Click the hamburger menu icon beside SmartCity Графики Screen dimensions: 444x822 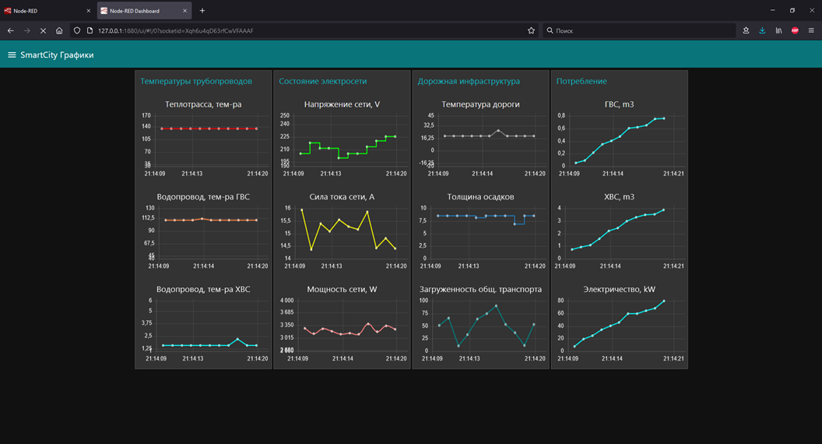[12, 55]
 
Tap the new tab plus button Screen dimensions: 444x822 [202, 11]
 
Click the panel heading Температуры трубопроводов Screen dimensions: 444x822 [196, 81]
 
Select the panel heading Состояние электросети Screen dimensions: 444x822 [322, 81]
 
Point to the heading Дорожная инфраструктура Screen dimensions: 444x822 [469, 81]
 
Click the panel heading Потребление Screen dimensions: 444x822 [581, 81]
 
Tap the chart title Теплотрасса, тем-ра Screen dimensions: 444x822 [203, 104]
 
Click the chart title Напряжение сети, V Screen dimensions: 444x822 [342, 104]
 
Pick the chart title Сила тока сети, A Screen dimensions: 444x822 [342, 197]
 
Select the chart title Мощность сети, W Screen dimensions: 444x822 [342, 289]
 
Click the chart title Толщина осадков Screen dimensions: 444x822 [480, 197]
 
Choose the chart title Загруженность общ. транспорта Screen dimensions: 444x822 [480, 289]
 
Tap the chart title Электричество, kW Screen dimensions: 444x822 [619, 289]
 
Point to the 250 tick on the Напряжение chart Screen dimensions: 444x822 [285, 115]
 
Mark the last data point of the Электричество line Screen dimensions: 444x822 [664, 301]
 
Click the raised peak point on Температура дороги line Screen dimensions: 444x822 [498, 131]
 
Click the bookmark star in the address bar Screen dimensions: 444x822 [532, 30]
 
